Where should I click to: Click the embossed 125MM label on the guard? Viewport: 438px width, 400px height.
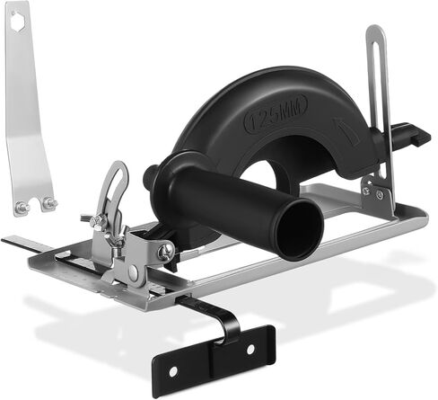276,113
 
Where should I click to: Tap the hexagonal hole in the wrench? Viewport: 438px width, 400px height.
18,18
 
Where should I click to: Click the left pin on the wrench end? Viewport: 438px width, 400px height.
21,207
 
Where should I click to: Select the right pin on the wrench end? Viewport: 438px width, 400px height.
49,203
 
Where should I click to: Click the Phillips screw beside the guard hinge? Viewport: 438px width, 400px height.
166,250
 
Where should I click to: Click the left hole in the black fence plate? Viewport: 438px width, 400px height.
173,371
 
